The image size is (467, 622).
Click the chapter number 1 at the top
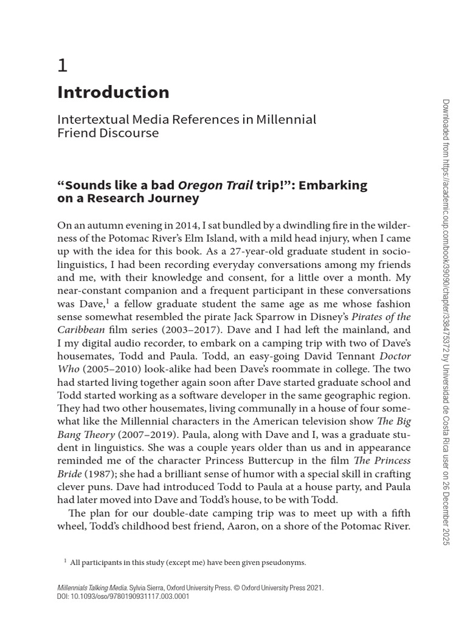62,65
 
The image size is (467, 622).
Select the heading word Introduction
113,92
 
